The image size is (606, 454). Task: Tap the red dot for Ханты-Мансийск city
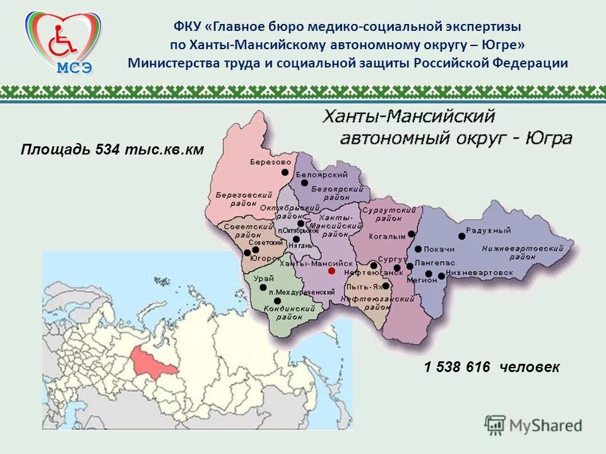click(x=331, y=271)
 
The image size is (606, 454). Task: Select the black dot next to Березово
click(x=285, y=172)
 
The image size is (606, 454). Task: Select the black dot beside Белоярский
click(x=304, y=183)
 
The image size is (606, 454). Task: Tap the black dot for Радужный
click(x=461, y=236)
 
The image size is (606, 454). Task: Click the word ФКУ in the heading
click(x=187, y=27)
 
